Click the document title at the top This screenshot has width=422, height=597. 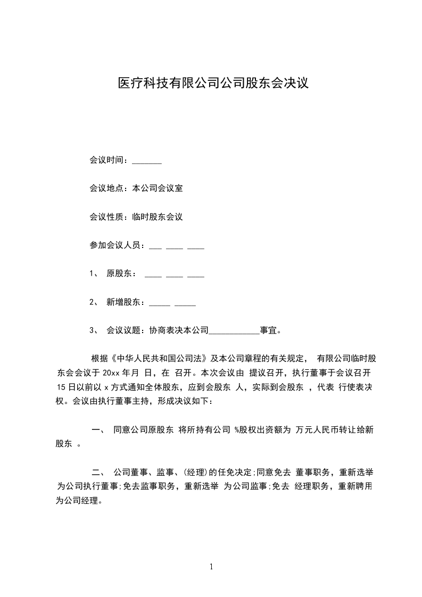(x=213, y=84)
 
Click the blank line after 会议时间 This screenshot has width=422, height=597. (x=146, y=161)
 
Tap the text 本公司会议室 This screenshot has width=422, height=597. (x=158, y=188)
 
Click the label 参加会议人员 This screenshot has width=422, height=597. (x=115, y=245)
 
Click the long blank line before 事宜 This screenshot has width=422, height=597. (x=234, y=331)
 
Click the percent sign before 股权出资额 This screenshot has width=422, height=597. (x=236, y=430)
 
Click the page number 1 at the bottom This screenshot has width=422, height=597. (x=211, y=567)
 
